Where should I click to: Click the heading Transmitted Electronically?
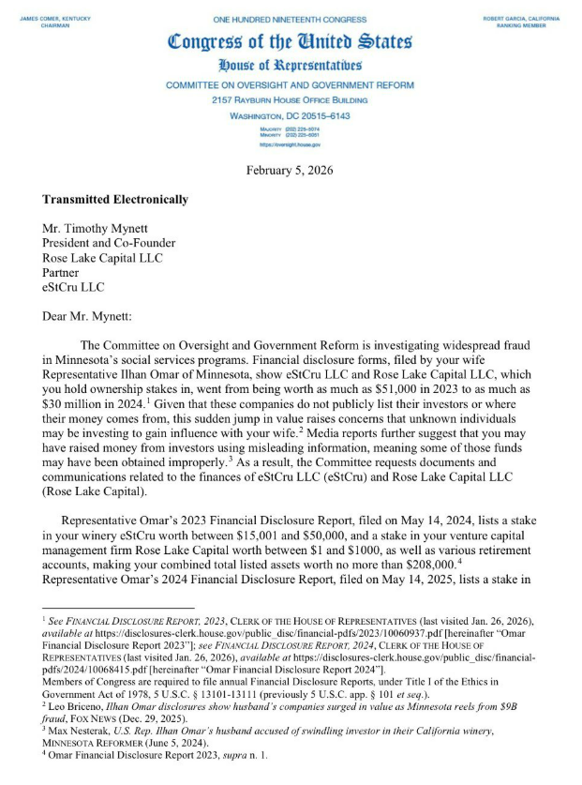tap(115, 200)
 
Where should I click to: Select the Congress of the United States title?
tap(290, 42)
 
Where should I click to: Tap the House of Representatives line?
tap(290, 66)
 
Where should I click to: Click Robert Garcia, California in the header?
tap(520, 18)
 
